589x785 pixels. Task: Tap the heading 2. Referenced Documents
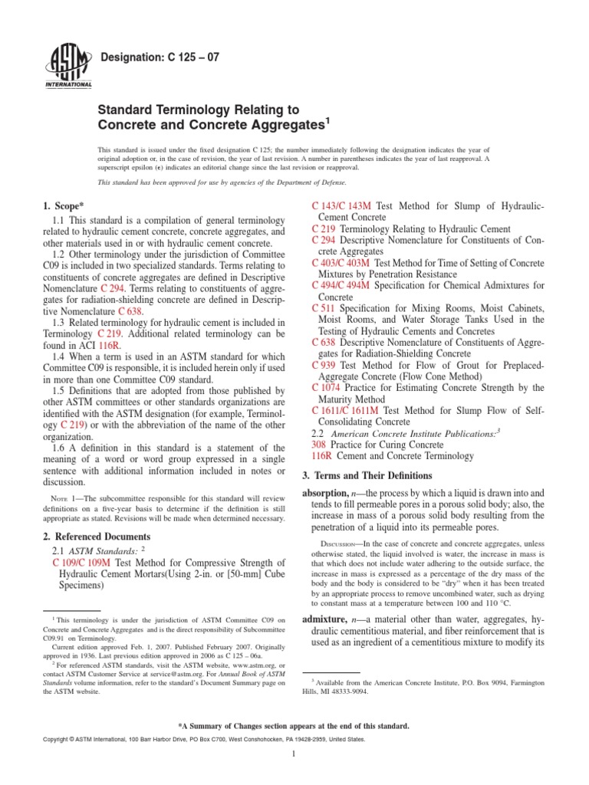[x=97, y=536]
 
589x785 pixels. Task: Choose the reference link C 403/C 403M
[x=342, y=263]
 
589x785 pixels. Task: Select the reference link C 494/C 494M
[x=342, y=285]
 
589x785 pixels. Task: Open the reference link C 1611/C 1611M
[x=346, y=410]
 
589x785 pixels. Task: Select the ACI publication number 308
[x=319, y=444]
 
